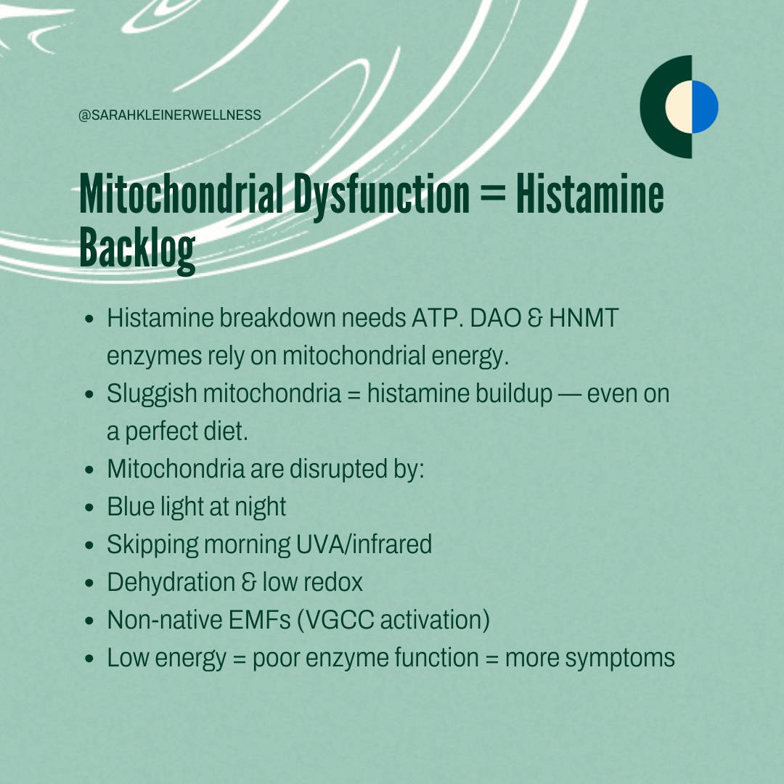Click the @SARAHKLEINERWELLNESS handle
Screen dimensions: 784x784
pyautogui.click(x=169, y=115)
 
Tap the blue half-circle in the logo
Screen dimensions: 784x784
pyautogui.click(x=705, y=107)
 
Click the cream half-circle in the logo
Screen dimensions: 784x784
pyautogui.click(x=679, y=107)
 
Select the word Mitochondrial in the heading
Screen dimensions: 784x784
pyautogui.click(x=181, y=194)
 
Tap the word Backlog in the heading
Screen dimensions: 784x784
pyautogui.click(x=137, y=249)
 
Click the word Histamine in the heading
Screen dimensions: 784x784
pyautogui.click(x=590, y=194)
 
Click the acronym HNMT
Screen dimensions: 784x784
pyautogui.click(x=584, y=318)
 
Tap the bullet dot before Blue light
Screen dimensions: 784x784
pyautogui.click(x=89, y=507)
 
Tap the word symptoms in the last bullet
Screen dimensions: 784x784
pyautogui.click(x=620, y=658)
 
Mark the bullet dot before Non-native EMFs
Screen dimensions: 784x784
pyautogui.click(x=89, y=621)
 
